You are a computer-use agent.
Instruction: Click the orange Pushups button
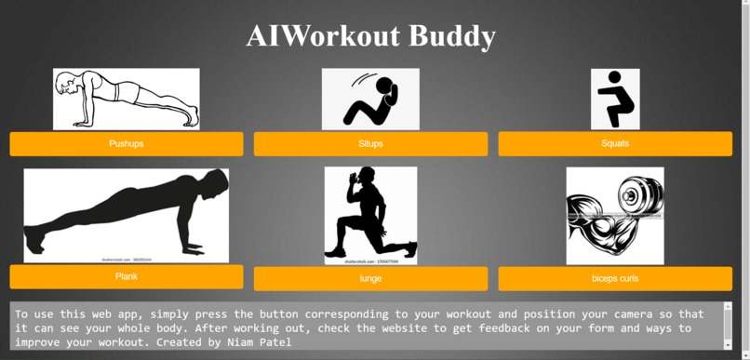pos(127,144)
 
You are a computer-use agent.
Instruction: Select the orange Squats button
pos(615,144)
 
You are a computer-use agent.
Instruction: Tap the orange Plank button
pos(127,277)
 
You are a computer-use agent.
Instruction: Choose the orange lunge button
pos(370,279)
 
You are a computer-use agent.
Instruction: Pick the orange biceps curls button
pos(615,279)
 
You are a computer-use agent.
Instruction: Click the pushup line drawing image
pos(127,99)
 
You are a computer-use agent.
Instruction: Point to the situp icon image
pos(370,99)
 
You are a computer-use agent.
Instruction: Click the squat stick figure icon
pos(615,99)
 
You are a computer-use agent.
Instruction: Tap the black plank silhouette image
pos(127,215)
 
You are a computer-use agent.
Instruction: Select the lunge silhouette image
pos(370,215)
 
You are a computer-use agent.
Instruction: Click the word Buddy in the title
pos(450,36)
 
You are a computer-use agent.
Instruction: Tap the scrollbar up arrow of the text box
pos(727,307)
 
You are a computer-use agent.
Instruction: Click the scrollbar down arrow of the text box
pos(727,344)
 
